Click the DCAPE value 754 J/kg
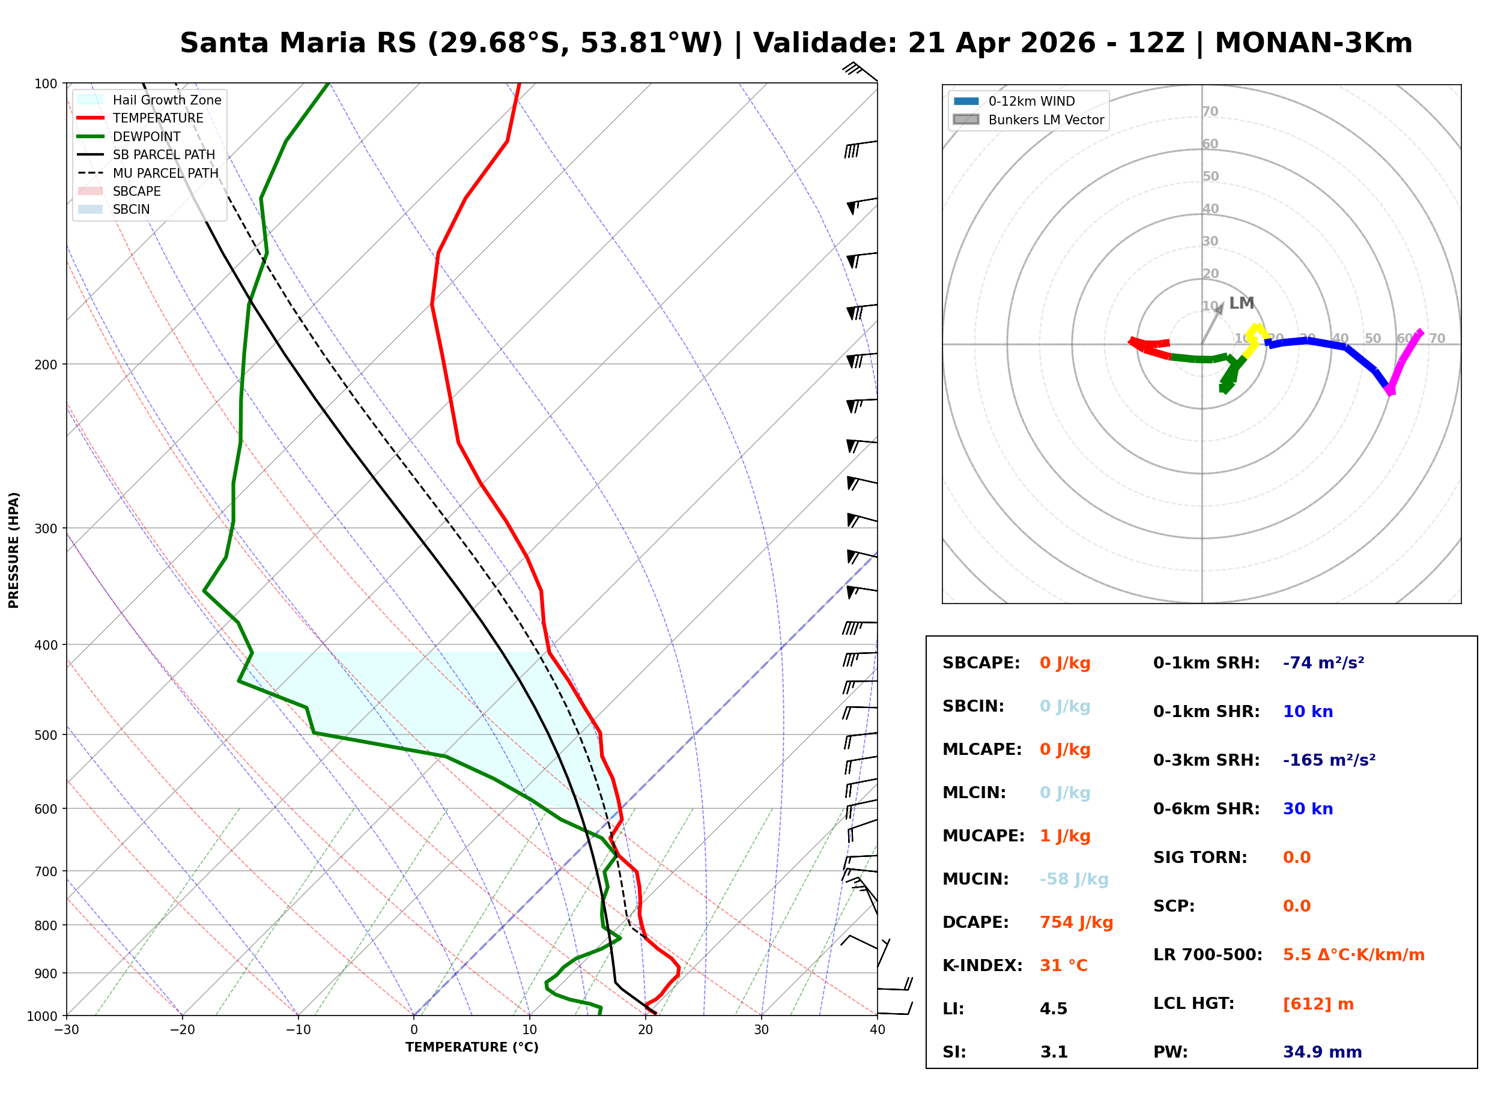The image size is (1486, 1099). [x=1076, y=922]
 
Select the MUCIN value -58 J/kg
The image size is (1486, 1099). [x=1073, y=879]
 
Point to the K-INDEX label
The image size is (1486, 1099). [x=982, y=965]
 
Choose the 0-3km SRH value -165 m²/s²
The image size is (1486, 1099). [x=1329, y=760]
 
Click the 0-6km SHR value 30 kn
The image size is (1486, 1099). [x=1307, y=808]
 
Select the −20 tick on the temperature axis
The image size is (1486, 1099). [x=181, y=1029]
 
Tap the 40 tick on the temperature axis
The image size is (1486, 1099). [x=877, y=1029]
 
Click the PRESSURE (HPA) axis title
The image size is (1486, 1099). [x=14, y=549]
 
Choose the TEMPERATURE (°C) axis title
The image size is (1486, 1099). [x=472, y=1047]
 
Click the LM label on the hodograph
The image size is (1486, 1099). [x=1241, y=303]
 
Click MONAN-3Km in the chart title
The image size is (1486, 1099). [x=1313, y=43]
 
